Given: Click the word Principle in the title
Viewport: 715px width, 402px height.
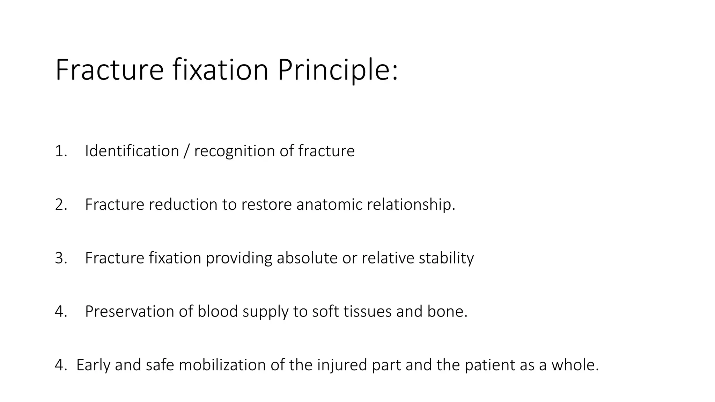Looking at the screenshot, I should tap(337, 70).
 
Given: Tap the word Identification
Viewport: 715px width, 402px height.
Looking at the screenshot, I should tap(132, 151).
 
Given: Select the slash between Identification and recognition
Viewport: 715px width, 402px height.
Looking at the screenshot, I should tap(186, 151).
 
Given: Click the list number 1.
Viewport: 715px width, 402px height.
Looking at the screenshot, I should tap(60, 151).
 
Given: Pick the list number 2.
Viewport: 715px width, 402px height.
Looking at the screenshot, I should tap(61, 205).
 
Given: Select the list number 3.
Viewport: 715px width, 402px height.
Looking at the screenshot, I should tap(61, 258).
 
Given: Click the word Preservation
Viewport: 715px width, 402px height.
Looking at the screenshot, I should tap(130, 312).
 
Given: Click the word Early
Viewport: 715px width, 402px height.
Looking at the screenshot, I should tap(93, 365).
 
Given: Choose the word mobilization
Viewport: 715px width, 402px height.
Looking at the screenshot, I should tap(222, 365).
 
